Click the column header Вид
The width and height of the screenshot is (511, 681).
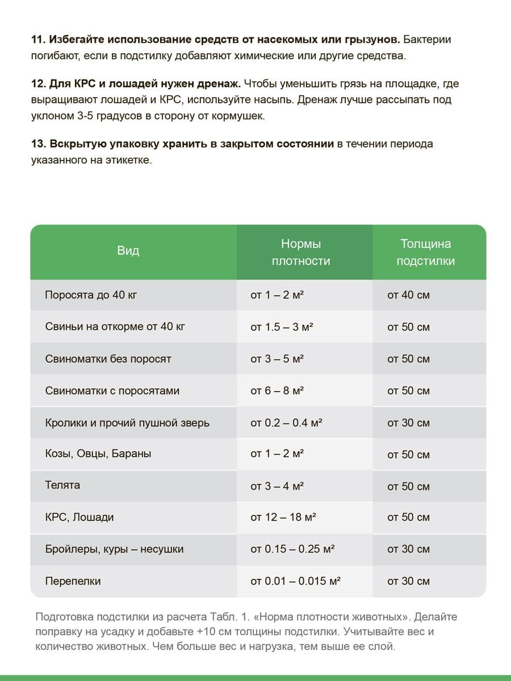point(128,251)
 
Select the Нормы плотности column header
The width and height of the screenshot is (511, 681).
point(301,253)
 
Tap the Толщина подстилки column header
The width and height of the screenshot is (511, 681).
point(425,253)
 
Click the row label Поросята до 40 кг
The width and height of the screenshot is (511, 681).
point(91,295)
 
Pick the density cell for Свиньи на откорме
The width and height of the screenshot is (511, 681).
point(282,327)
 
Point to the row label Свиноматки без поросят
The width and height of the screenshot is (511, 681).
point(108,359)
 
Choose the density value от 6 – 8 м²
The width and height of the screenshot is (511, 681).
point(277,391)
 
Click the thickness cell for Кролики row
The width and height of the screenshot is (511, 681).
point(408,423)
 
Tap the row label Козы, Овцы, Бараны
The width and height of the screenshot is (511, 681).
point(98,454)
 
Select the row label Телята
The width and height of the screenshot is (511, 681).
point(62,485)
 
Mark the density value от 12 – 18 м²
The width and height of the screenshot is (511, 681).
point(283,518)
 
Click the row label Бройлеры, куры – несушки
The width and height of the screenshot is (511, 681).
point(114,549)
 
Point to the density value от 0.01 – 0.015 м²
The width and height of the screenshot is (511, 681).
point(295,581)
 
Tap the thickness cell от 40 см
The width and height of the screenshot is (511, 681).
point(408,295)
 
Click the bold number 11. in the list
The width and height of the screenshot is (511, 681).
point(38,40)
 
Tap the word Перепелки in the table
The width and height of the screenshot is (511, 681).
point(73,581)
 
